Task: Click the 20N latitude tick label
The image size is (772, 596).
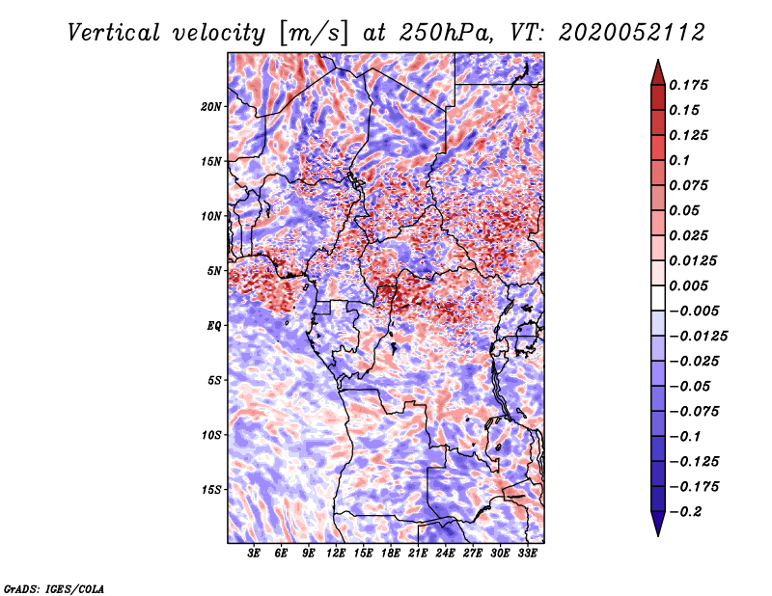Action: (x=210, y=107)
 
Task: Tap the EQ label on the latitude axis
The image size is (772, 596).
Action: (x=213, y=326)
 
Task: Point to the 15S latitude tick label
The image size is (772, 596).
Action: (x=211, y=490)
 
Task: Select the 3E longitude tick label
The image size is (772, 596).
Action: (x=254, y=554)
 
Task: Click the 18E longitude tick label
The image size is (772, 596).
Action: (x=391, y=554)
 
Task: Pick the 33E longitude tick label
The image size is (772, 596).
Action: (x=527, y=554)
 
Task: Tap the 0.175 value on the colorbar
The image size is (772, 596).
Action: (x=688, y=85)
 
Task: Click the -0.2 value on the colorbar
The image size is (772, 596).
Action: (x=685, y=512)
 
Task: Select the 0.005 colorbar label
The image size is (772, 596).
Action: (x=688, y=285)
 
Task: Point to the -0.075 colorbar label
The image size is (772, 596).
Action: (x=694, y=412)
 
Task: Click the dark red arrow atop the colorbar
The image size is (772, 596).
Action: (x=658, y=72)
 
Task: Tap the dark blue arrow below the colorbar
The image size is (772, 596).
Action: (x=658, y=524)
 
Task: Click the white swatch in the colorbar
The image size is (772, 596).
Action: (x=658, y=298)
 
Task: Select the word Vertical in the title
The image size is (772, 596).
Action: (x=114, y=33)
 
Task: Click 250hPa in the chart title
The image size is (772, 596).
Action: (x=446, y=33)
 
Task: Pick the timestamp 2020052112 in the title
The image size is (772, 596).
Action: (x=632, y=33)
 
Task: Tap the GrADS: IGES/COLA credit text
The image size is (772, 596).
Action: (x=54, y=588)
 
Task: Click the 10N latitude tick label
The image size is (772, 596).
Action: (x=210, y=216)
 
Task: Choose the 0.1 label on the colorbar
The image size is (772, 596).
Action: (x=679, y=160)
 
